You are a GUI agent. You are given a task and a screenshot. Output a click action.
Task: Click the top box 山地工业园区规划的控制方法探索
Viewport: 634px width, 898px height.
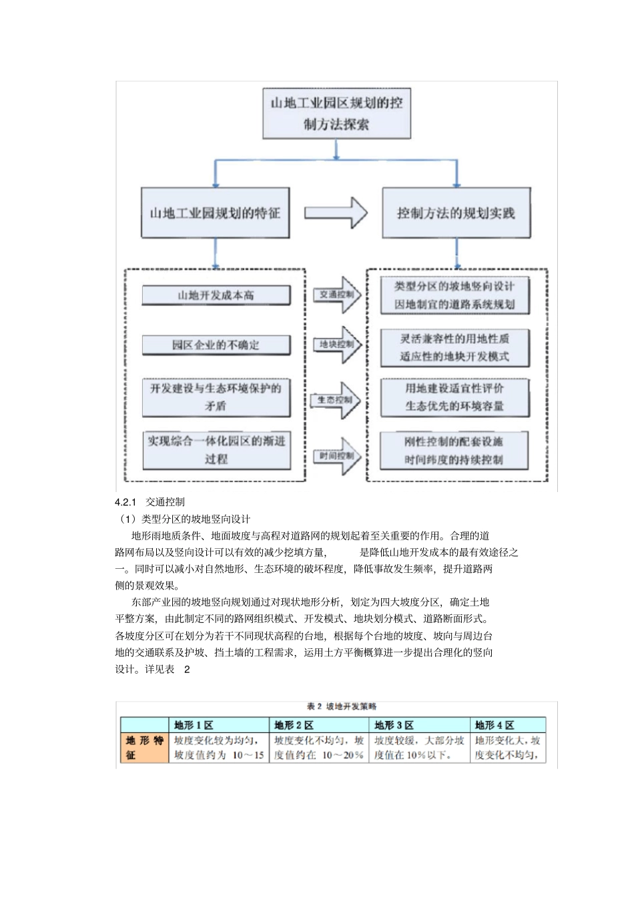point(336,114)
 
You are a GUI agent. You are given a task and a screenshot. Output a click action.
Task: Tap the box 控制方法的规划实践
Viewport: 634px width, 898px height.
point(456,213)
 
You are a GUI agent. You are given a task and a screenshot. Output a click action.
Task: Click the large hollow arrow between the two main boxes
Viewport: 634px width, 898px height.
point(336,213)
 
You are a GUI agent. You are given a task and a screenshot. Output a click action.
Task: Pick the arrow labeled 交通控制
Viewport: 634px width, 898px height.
point(337,294)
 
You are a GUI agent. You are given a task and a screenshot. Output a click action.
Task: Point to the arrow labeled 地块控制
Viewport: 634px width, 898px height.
point(337,345)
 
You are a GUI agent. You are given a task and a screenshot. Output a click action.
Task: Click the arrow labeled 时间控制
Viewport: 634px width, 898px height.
point(337,456)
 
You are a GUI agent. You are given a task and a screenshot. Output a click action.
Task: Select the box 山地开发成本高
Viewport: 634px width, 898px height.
point(216,295)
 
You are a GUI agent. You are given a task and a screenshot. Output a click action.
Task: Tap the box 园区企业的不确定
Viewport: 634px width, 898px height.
point(216,345)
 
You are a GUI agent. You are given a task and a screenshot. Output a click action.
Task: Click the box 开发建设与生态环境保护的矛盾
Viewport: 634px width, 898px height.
point(216,397)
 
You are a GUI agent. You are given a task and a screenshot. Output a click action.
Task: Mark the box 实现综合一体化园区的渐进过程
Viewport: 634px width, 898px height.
point(216,449)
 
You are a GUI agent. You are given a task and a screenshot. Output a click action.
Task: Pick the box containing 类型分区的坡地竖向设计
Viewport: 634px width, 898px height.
point(454,295)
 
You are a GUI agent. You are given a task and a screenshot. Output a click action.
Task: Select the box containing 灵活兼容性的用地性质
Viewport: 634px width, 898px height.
point(454,347)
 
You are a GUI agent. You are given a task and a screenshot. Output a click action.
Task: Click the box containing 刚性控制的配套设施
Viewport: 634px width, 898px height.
point(454,451)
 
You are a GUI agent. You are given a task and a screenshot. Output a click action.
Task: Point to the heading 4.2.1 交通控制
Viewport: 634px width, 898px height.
point(150,501)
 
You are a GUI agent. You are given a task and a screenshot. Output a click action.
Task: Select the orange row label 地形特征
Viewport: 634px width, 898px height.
point(144,748)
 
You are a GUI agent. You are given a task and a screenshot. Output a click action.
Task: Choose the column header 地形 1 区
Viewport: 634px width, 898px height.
point(194,725)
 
